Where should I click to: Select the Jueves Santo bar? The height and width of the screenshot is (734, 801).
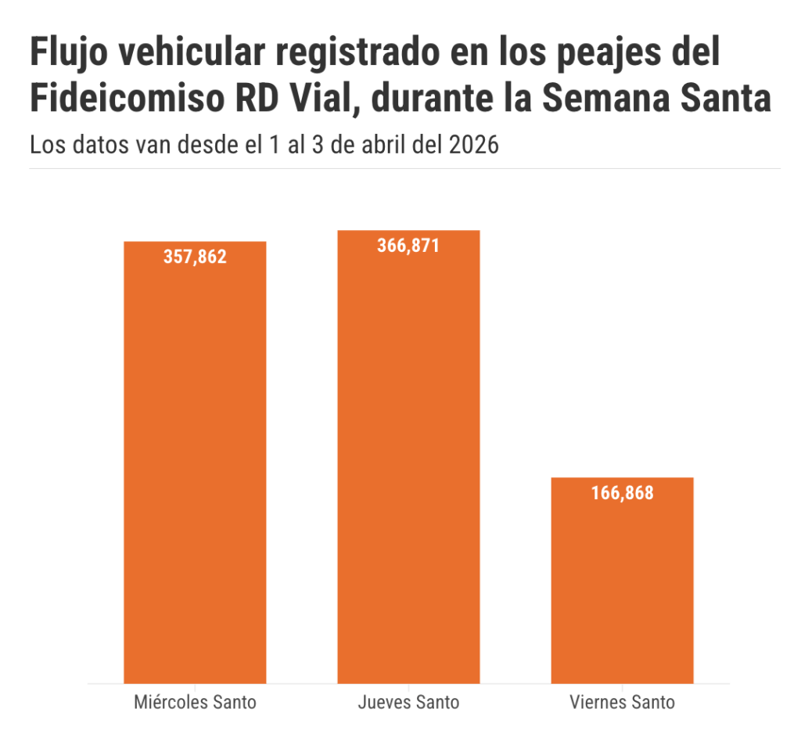pos(408,462)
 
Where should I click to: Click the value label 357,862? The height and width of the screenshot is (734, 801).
pos(195,257)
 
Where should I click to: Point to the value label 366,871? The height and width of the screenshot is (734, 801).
pos(408,246)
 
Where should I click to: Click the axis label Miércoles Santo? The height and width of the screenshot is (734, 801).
pos(195,702)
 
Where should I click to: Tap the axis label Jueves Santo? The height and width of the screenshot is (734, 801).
pos(408,702)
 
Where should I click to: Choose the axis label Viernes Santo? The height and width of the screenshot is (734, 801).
pos(622,702)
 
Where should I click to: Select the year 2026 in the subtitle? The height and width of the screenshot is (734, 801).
pos(474,145)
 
